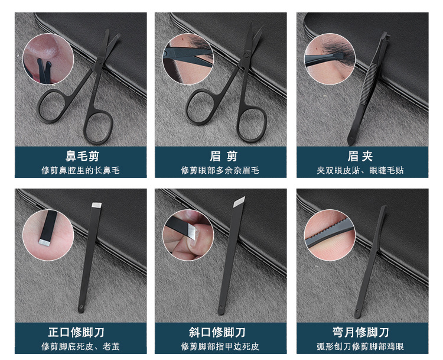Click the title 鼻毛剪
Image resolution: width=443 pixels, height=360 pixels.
(80, 156)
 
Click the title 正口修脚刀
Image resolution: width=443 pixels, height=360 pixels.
(80, 332)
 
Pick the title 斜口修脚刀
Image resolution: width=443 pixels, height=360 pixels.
(221, 332)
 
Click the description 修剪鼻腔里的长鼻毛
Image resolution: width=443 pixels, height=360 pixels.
(80, 170)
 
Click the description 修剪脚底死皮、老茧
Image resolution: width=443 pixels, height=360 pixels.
(80, 346)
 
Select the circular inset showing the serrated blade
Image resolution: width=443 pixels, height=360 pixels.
(330, 235)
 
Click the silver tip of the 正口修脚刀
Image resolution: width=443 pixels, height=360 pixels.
(97, 206)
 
